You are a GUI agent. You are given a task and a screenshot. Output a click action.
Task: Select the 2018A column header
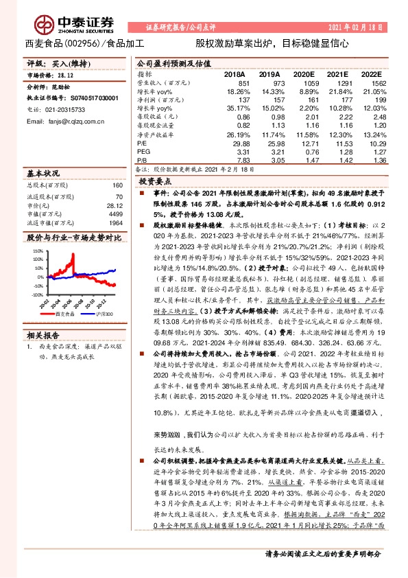234,73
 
